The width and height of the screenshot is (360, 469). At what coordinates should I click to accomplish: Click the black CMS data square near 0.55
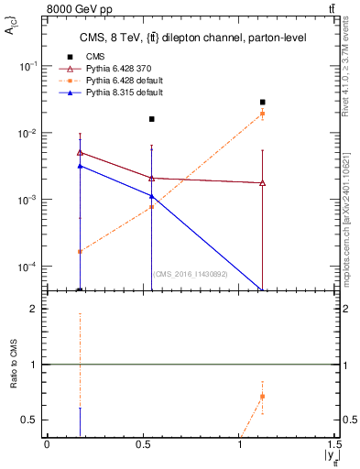(152, 119)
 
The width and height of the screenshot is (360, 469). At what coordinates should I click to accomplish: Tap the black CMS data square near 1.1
(263, 103)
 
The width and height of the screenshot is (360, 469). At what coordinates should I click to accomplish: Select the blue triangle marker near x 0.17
(81, 166)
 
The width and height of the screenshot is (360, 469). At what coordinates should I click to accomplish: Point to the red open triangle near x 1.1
(263, 183)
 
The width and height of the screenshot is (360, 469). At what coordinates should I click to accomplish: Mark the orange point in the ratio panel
(263, 397)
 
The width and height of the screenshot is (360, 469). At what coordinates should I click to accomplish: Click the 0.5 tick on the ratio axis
(29, 420)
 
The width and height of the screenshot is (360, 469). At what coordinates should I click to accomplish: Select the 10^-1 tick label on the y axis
(27, 66)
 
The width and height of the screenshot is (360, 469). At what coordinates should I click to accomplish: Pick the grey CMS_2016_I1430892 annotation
(191, 273)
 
